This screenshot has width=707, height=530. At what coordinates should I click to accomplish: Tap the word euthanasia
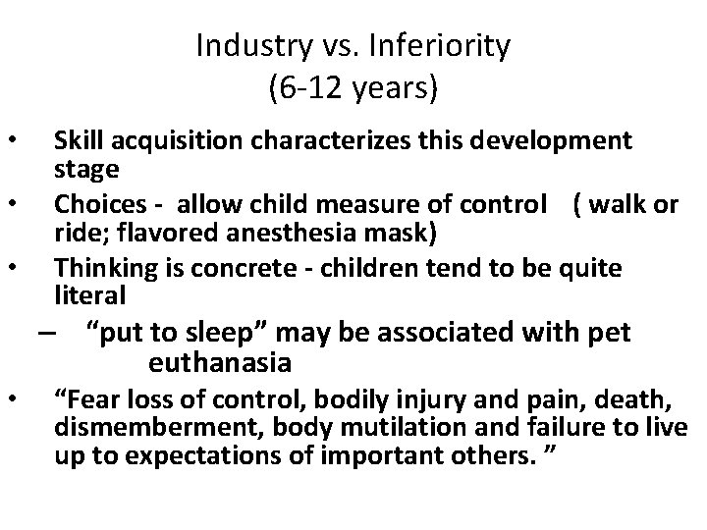220,364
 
